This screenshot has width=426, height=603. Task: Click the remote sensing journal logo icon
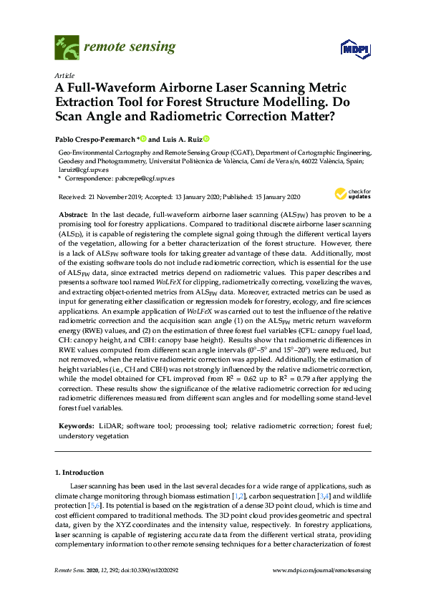pos(67,49)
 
